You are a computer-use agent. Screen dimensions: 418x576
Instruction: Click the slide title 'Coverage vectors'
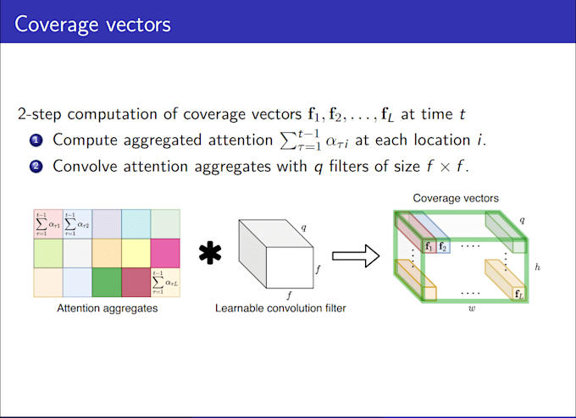click(92, 23)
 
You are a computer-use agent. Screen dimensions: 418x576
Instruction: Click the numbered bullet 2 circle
click(36, 166)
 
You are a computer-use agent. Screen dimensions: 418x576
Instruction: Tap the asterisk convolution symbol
click(211, 253)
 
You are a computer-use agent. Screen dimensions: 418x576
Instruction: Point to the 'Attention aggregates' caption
click(107, 309)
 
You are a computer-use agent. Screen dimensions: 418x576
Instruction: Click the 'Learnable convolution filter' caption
click(280, 309)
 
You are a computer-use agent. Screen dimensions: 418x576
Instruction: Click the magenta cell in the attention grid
click(165, 253)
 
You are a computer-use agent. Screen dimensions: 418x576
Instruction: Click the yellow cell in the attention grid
click(136, 253)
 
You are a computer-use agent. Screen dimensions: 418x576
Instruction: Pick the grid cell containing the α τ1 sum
click(48, 224)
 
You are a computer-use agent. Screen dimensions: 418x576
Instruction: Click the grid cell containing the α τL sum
click(165, 282)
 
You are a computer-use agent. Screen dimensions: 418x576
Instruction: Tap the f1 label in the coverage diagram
click(429, 247)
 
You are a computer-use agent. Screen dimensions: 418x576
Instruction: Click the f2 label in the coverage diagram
click(444, 247)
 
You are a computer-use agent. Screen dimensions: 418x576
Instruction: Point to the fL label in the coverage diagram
click(518, 294)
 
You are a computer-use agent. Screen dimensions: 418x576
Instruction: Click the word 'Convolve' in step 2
click(81, 166)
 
